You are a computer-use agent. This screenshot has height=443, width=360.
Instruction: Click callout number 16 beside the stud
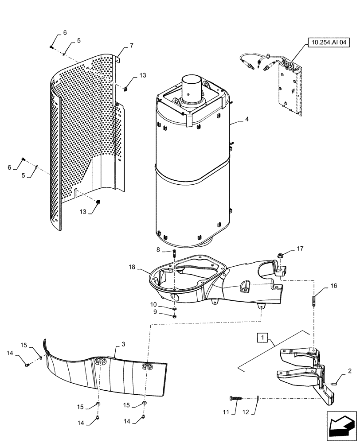click(333, 286)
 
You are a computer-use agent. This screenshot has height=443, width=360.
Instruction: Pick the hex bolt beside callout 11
click(235, 398)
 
